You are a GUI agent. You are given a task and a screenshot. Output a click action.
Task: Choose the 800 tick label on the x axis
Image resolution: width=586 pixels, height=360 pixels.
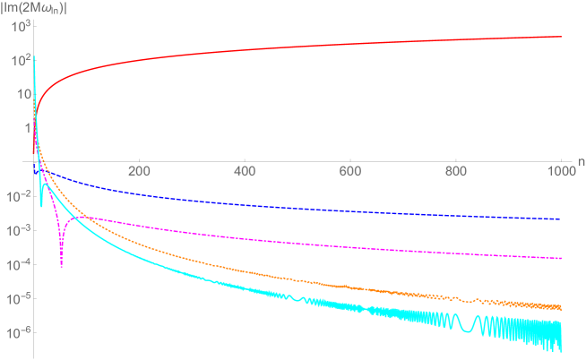pos(455,171)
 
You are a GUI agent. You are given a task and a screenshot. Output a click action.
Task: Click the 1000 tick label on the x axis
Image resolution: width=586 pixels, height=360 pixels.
pos(559,171)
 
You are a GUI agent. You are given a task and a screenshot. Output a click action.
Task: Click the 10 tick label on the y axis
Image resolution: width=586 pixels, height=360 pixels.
pos(19,94)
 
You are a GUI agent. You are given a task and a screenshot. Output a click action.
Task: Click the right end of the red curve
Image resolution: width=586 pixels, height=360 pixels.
pos(561,37)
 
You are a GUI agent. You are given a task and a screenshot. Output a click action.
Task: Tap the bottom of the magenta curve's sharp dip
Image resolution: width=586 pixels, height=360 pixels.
pos(61,266)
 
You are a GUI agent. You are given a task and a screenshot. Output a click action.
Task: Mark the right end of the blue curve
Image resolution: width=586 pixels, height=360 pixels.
pos(561,219)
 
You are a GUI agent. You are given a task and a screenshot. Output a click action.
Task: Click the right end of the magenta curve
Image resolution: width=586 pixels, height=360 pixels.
pos(561,258)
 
